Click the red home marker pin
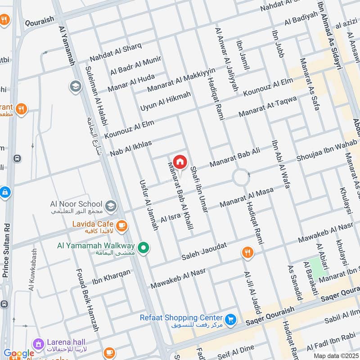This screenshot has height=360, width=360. click(x=180, y=162)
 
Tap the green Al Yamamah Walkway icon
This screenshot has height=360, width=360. click(x=144, y=247)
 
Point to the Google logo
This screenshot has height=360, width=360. click(x=19, y=354)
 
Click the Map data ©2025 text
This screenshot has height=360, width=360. click(x=335, y=355)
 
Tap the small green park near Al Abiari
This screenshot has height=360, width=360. click(x=318, y=268)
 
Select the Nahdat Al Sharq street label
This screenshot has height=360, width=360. click(x=116, y=53)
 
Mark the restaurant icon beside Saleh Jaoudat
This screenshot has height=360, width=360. click(x=247, y=253)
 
